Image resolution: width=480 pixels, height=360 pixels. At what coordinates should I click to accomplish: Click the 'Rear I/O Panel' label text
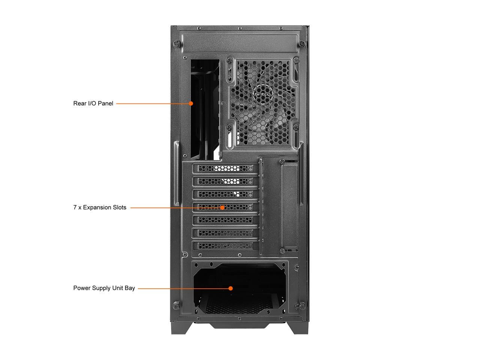(93, 103)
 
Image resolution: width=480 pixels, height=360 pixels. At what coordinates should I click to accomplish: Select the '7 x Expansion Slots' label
(100, 207)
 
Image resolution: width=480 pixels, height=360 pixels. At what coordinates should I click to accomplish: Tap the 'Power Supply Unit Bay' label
(104, 288)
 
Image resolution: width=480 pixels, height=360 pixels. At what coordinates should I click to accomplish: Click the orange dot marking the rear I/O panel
(191, 103)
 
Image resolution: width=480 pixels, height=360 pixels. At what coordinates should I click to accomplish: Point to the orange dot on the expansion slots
(222, 207)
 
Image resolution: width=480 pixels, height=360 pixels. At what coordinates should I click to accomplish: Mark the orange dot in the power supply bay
(231, 288)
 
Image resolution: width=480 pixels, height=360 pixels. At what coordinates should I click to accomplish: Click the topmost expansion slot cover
(225, 168)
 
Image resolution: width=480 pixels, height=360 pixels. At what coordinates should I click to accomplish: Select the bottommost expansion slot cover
(225, 246)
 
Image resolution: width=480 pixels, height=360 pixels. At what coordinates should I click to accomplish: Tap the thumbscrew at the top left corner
(175, 43)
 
